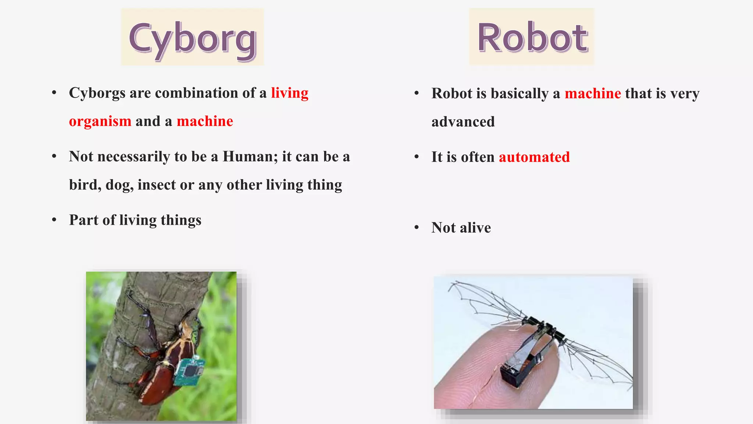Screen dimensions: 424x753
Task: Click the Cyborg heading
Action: coord(192,38)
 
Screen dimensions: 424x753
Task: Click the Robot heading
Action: coord(532,38)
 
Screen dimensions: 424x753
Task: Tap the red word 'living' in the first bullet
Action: coord(290,93)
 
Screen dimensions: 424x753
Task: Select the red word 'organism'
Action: coord(100,121)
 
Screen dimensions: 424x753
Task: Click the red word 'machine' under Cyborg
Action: coord(205,121)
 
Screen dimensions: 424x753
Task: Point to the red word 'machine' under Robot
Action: coord(593,93)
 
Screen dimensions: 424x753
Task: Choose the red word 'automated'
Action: coord(534,157)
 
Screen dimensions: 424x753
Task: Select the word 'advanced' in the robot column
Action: coord(463,122)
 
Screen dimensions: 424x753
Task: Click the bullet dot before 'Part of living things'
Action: coord(54,220)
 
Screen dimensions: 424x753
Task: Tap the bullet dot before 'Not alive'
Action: coord(417,227)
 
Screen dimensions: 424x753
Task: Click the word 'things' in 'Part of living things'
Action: coord(181,220)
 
